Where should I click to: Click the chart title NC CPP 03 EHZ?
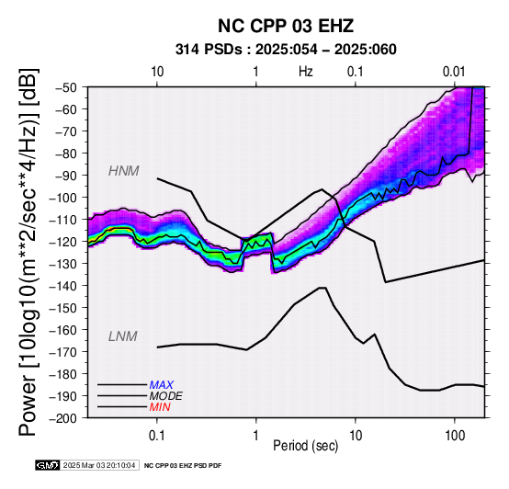(286, 26)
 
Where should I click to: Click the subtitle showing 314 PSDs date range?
(286, 50)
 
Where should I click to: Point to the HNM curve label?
(124, 171)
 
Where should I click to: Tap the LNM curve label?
(123, 336)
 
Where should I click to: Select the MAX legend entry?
(162, 385)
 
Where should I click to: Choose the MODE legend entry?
(166, 396)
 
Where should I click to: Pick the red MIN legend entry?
(160, 407)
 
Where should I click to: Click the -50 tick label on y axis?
(67, 87)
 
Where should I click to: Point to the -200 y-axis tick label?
(63, 418)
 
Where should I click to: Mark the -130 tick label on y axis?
(63, 263)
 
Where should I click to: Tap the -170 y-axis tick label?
(63, 352)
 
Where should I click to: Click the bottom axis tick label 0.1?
(156, 436)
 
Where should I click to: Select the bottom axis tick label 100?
(455, 436)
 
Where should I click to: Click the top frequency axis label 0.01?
(454, 72)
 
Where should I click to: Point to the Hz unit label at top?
(306, 72)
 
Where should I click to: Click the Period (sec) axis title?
(305, 446)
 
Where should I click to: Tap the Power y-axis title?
(28, 252)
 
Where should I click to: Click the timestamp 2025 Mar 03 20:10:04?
(99, 465)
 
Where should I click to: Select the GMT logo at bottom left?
(48, 465)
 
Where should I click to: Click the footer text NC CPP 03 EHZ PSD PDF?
(183, 466)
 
